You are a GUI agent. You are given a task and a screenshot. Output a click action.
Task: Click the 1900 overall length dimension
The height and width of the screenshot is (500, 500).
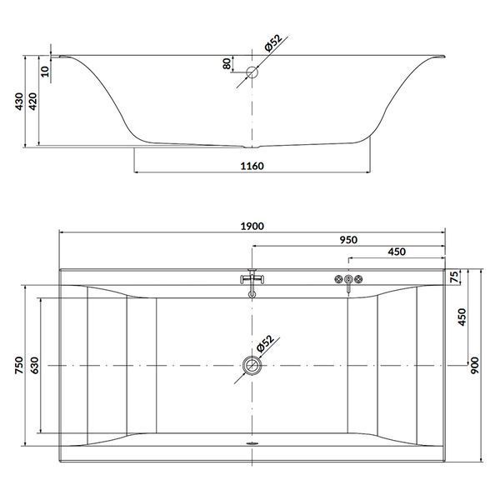252,226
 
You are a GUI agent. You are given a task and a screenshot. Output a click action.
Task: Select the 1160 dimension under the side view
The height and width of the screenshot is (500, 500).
252,166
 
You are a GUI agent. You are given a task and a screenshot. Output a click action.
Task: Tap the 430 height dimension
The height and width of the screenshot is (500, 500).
19,102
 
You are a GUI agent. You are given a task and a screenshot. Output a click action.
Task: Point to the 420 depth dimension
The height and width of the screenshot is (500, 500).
32,102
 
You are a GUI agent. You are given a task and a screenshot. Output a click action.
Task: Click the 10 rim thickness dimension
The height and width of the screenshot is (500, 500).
45,71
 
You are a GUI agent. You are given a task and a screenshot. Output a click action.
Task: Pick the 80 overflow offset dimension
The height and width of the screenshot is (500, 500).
227,64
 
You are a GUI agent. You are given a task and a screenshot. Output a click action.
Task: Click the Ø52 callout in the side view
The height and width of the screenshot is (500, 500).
273,43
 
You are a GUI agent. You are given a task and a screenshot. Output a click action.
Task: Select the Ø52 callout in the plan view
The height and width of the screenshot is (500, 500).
265,343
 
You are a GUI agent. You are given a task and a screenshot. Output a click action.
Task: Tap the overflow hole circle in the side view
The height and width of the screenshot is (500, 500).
252,72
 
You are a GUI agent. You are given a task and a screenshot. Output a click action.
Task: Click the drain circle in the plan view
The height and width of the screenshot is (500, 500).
252,366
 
